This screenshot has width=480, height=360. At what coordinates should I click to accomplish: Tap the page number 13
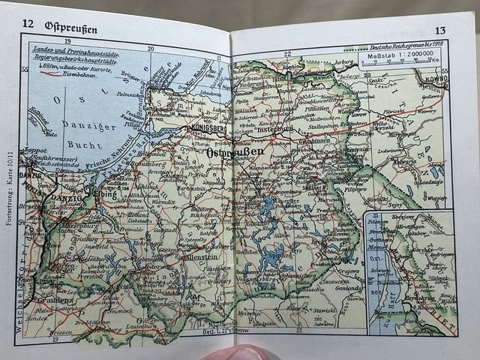tap(440, 31)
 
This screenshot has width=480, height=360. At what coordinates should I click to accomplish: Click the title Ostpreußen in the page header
tap(70, 25)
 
